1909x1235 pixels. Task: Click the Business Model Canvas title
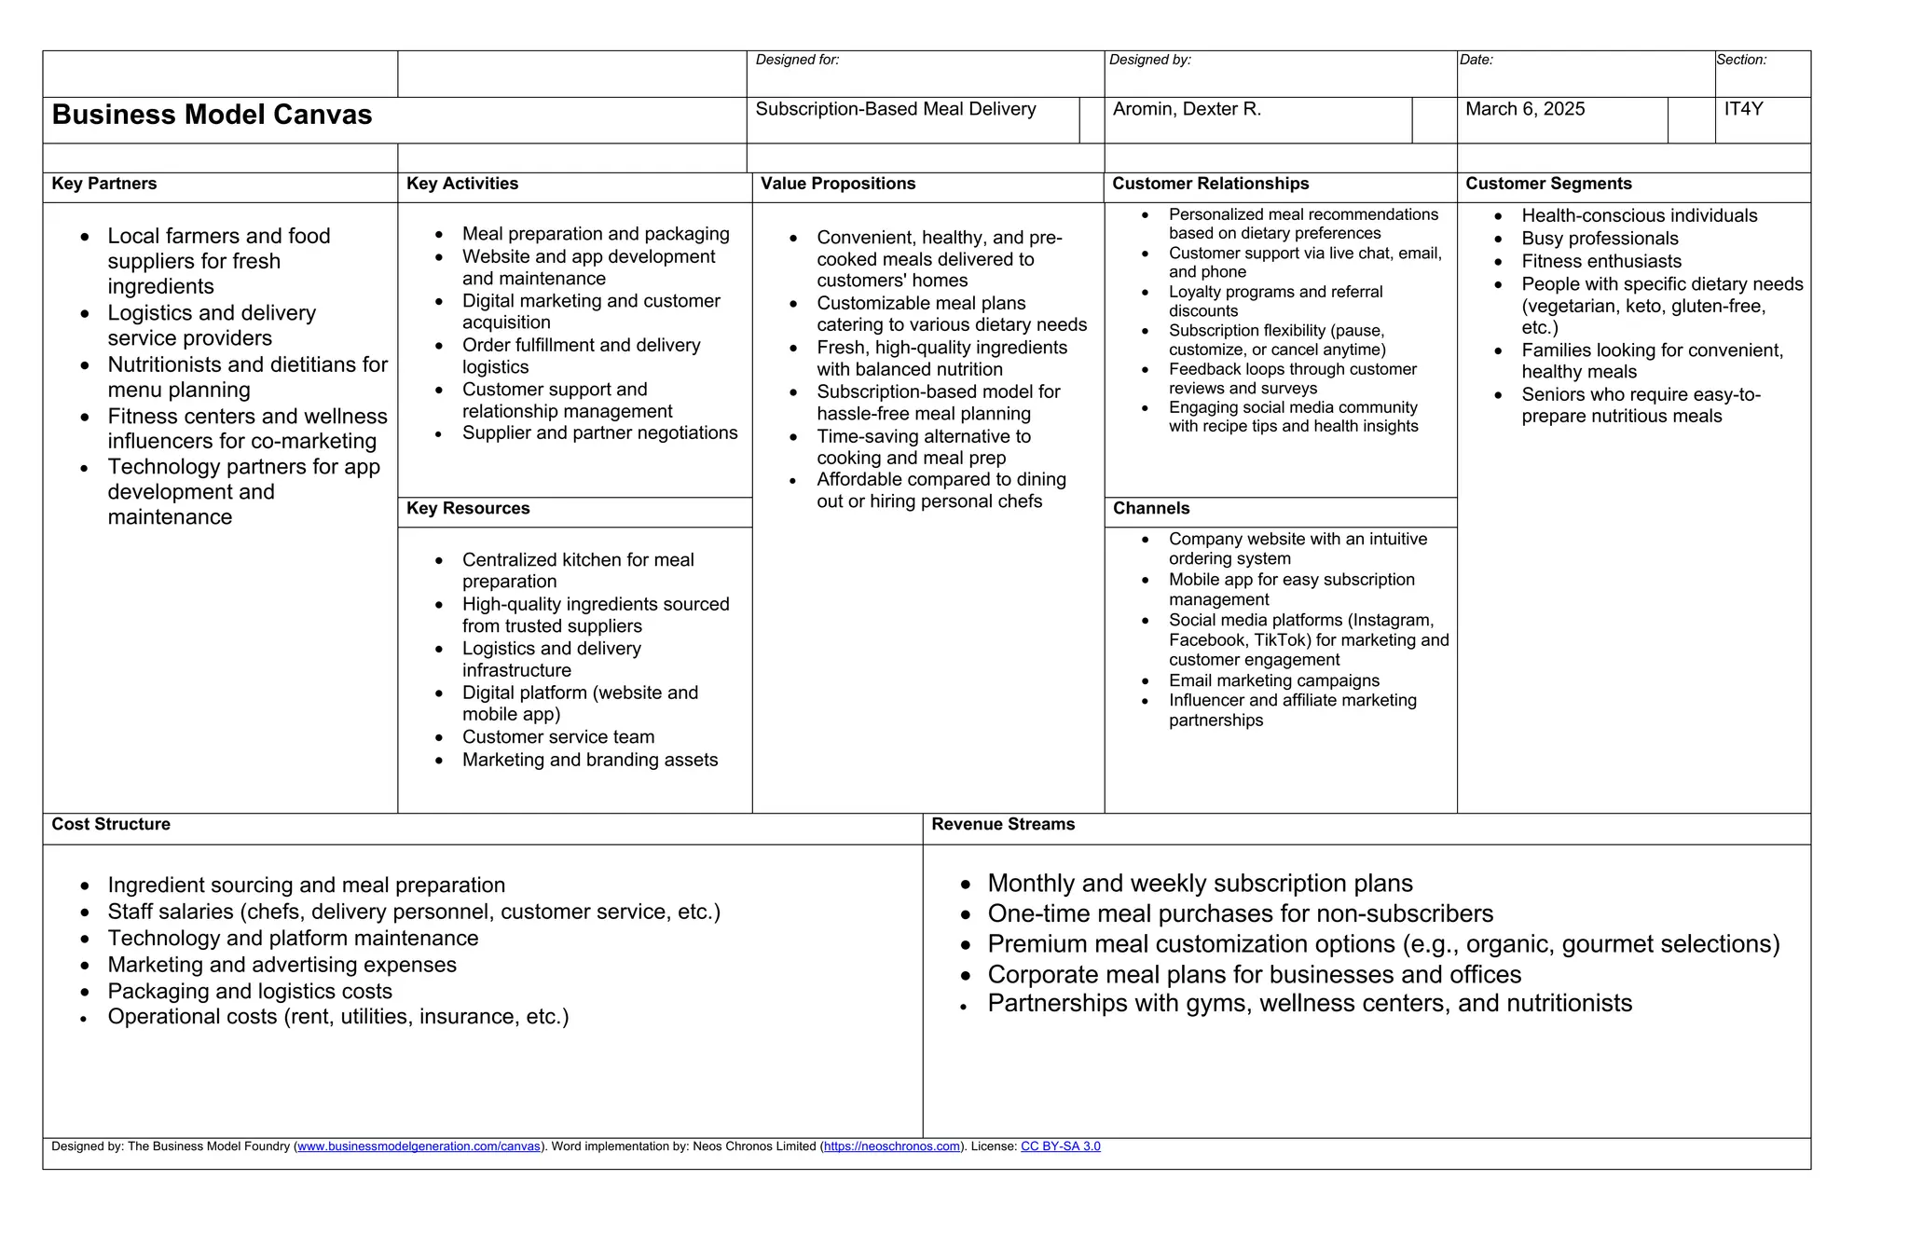[x=212, y=115]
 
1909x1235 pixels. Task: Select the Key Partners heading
[x=104, y=185]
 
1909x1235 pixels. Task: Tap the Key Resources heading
[x=468, y=509]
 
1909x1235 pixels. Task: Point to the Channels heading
[x=1151, y=509]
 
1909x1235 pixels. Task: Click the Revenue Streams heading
[x=1003, y=825]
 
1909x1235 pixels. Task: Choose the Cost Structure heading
[x=111, y=825]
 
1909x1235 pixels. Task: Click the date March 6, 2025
[x=1525, y=110]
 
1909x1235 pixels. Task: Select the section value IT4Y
[x=1743, y=110]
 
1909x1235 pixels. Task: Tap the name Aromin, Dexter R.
[x=1187, y=110]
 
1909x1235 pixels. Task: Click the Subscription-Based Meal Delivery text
[x=896, y=110]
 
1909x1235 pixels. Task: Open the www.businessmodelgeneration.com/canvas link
[x=419, y=1146]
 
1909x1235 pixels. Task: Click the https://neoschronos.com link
[x=892, y=1146]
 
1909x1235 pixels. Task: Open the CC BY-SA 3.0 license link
[x=1061, y=1146]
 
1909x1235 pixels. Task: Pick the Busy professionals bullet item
[x=1600, y=240]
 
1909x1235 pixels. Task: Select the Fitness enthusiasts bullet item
[x=1601, y=262]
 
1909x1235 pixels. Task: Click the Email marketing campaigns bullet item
[x=1274, y=681]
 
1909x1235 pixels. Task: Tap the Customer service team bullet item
[x=558, y=737]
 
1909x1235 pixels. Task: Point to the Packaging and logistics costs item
[x=250, y=992]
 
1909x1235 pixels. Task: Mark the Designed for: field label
[x=797, y=61]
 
